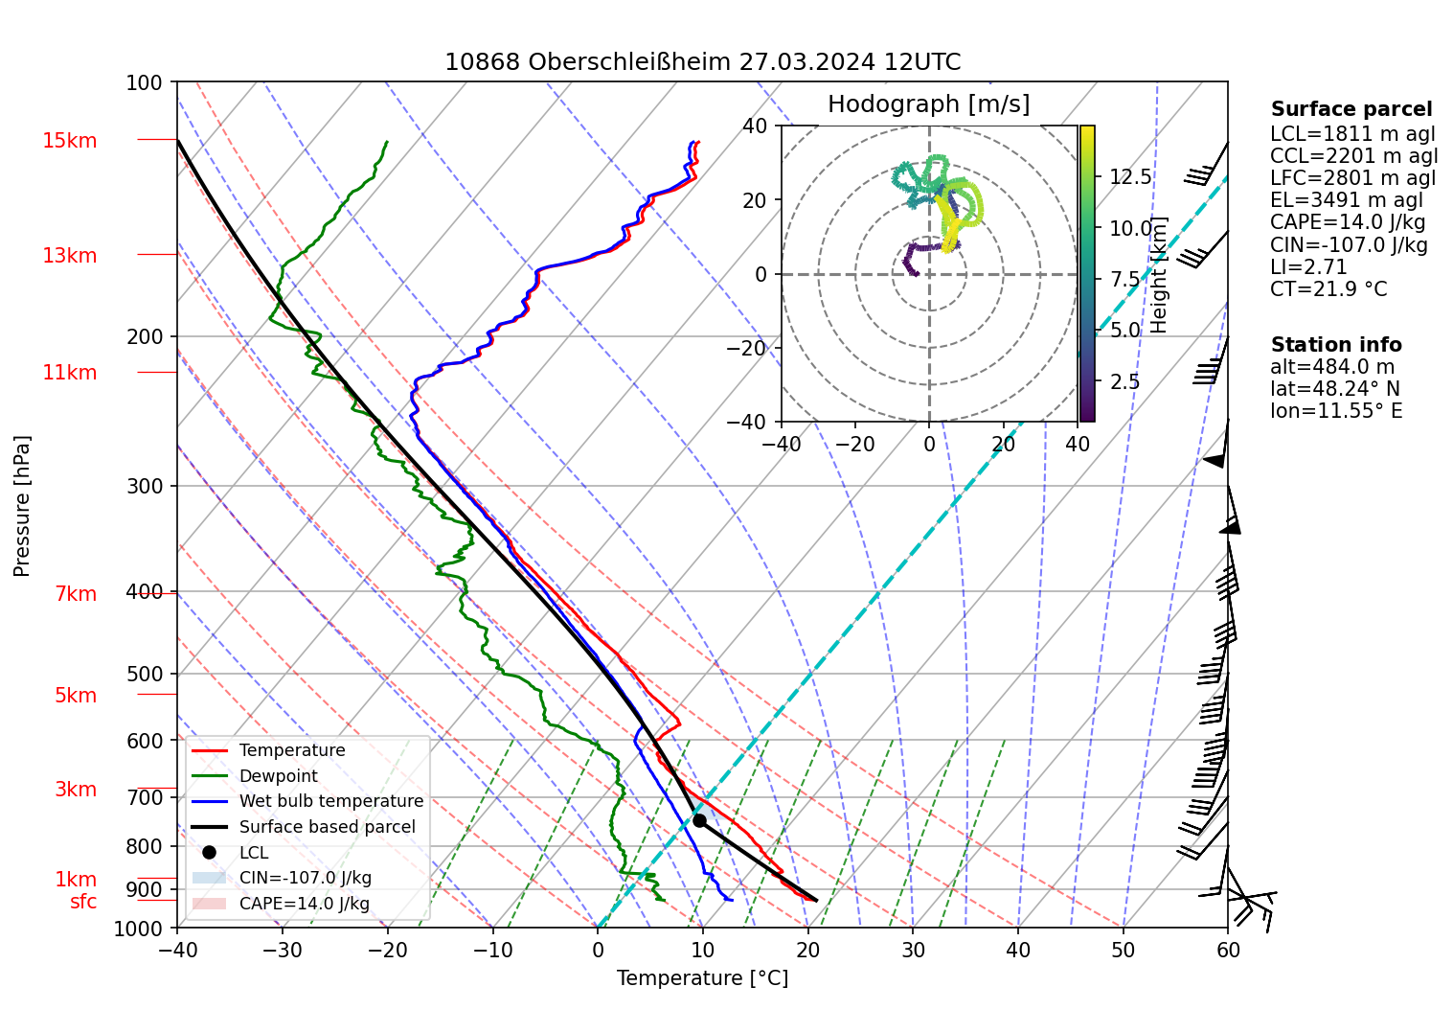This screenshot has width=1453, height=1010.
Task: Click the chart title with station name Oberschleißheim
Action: pos(702,62)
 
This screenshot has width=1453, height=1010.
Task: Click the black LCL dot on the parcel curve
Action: pos(699,820)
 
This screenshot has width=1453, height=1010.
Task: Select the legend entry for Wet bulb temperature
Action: pos(330,801)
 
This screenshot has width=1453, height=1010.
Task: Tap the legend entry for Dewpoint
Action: pos(278,776)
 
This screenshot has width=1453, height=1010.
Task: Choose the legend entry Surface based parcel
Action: pos(327,827)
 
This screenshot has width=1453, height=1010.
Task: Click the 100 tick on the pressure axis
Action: pos(145,82)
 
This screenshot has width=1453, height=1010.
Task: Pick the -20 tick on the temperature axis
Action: pos(388,951)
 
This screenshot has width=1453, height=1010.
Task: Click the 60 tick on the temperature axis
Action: pos(1228,951)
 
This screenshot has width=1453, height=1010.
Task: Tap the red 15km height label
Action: pos(69,141)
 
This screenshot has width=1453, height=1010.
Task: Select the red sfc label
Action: pos(83,902)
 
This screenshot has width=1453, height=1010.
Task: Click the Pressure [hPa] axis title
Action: pos(22,506)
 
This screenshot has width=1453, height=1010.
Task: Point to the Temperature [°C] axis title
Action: pos(702,978)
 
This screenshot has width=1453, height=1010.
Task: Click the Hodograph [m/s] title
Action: pos(928,104)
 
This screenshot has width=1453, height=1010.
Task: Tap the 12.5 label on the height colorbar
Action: pos(1130,176)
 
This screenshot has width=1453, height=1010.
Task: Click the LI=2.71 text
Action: pos(1308,267)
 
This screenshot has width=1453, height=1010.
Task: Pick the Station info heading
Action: pos(1336,345)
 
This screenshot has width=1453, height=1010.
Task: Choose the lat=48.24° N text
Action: pos(1334,389)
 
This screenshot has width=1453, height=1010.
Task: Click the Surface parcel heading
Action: pos(1351,109)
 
